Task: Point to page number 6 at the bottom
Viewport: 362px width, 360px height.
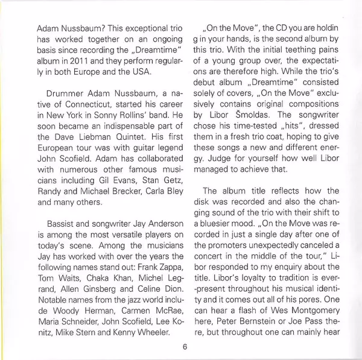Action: point(184,346)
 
